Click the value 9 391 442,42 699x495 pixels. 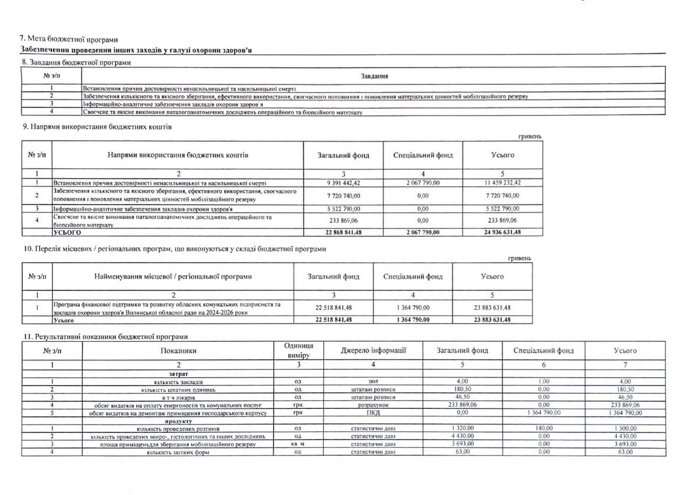coord(343,183)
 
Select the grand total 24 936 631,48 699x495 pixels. coord(503,232)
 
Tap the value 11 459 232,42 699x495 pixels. coord(503,183)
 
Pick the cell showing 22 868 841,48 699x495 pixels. coord(343,232)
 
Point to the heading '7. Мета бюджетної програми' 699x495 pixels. coord(68,40)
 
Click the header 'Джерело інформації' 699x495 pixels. coord(373,350)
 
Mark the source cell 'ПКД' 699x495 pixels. coord(373,412)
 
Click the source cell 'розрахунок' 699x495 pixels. coord(373,404)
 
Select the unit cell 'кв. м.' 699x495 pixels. coord(297,444)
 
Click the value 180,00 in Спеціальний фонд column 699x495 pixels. coord(543,428)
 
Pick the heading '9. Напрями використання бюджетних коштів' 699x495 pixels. coord(96,127)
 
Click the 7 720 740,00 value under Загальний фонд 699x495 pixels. coord(343,195)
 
